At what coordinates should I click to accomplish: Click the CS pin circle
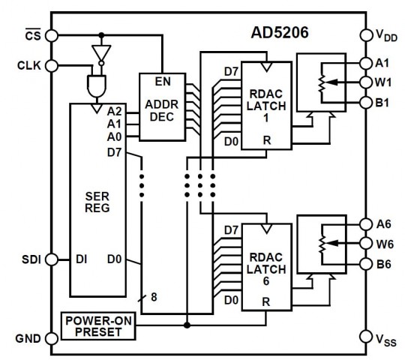pyautogui.click(x=52, y=36)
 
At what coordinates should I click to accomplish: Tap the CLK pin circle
pyautogui.click(x=52, y=66)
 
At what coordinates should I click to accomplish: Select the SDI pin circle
pyautogui.click(x=52, y=259)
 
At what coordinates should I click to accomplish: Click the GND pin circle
pyautogui.click(x=52, y=338)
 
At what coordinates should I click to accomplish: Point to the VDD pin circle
pyautogui.click(x=366, y=34)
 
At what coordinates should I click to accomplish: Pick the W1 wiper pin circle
pyautogui.click(x=366, y=82)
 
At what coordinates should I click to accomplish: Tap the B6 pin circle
pyautogui.click(x=366, y=264)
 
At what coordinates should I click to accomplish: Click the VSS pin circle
pyautogui.click(x=366, y=337)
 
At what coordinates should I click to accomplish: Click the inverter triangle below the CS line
pyautogui.click(x=101, y=52)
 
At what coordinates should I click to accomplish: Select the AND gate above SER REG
pyautogui.click(x=97, y=86)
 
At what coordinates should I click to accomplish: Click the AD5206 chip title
pyautogui.click(x=280, y=32)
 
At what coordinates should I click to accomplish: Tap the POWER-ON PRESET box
pyautogui.click(x=98, y=326)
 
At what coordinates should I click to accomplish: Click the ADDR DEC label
pyautogui.click(x=162, y=111)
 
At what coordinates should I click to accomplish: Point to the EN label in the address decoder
pyautogui.click(x=163, y=82)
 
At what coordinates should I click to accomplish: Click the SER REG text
pyautogui.click(x=97, y=202)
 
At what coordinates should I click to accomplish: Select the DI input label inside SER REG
pyautogui.click(x=81, y=259)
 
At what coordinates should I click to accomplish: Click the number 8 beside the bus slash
pyautogui.click(x=154, y=297)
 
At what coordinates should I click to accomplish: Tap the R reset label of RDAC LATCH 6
pyautogui.click(x=266, y=301)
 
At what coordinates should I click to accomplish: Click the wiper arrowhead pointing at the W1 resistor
pyautogui.click(x=332, y=82)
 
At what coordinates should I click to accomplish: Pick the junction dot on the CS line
pyautogui.click(x=101, y=35)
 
